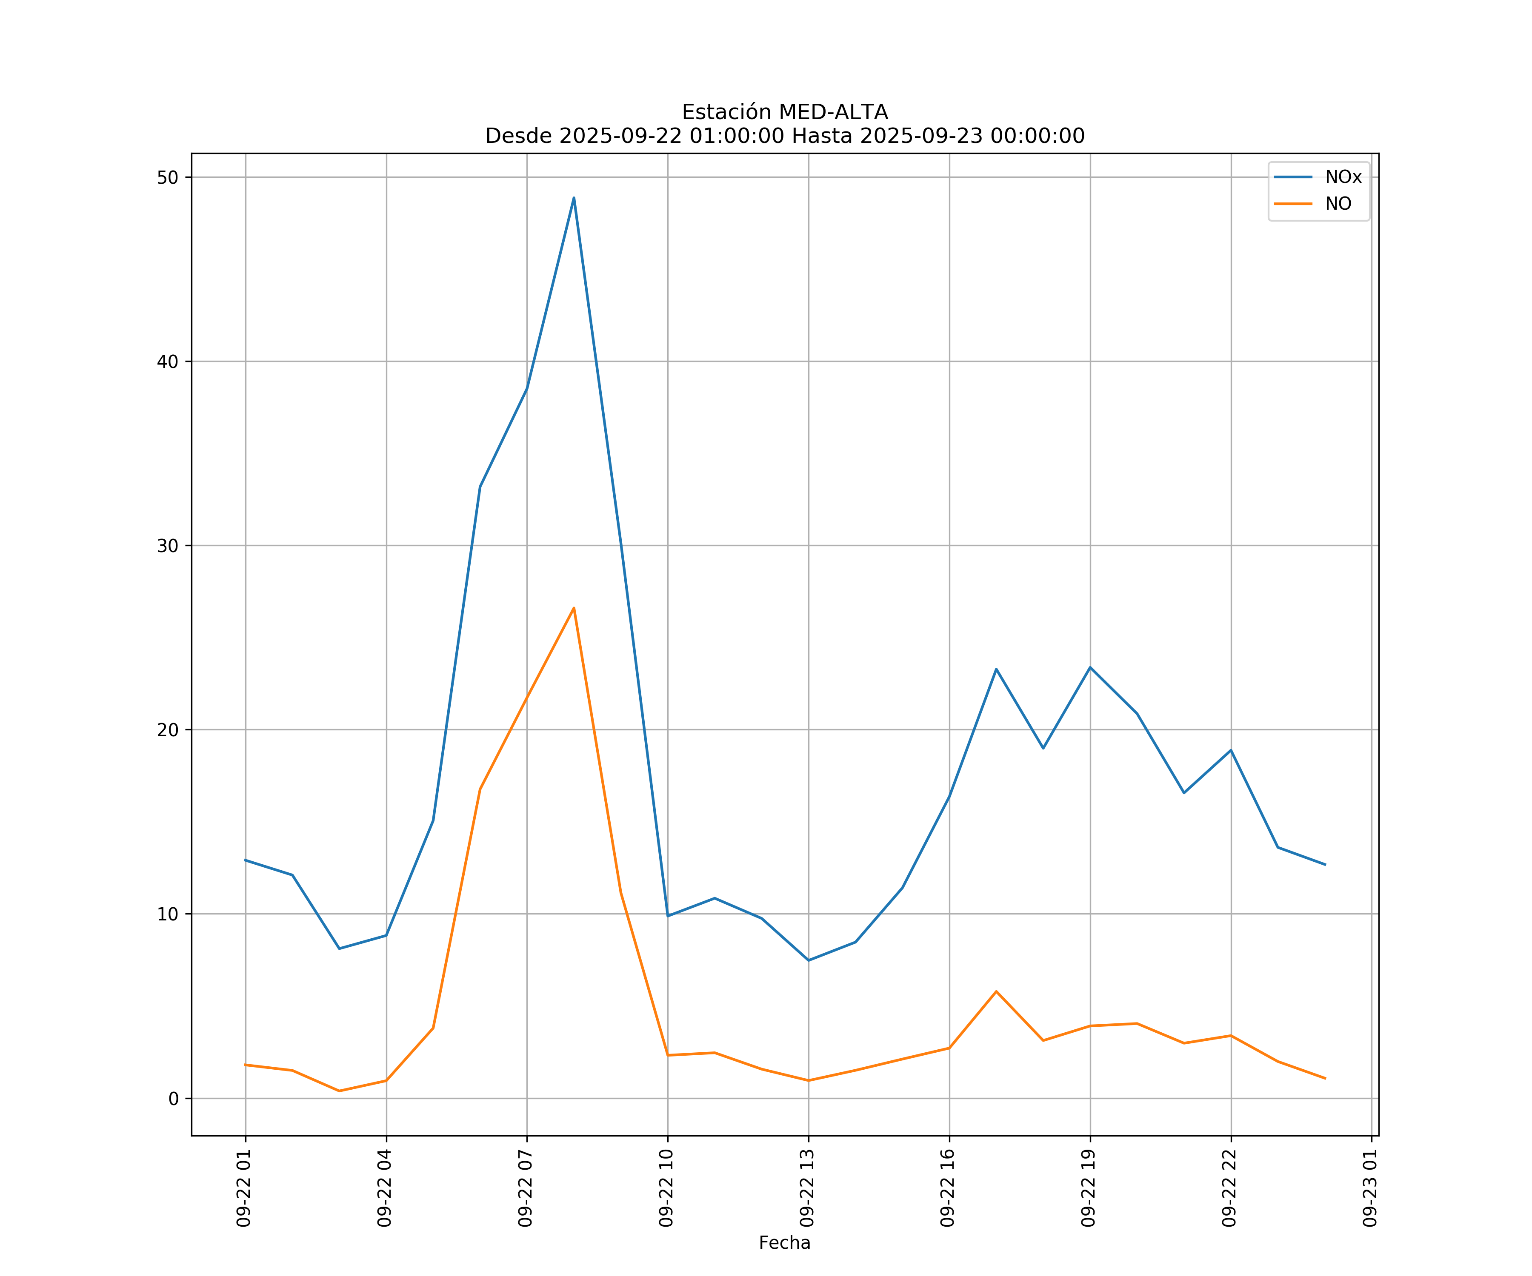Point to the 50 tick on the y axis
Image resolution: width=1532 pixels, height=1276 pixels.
(x=168, y=177)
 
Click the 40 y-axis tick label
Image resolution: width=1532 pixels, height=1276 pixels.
(x=168, y=362)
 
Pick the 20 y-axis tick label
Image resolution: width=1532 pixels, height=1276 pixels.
(x=168, y=730)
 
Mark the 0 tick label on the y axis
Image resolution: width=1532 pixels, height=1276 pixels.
(x=174, y=1099)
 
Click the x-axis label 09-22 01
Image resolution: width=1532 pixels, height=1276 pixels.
(x=244, y=1188)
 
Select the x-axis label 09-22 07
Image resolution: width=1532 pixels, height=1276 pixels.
(x=525, y=1188)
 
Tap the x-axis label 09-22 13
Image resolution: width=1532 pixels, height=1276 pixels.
(x=807, y=1188)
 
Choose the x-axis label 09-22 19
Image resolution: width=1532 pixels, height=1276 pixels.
(x=1089, y=1188)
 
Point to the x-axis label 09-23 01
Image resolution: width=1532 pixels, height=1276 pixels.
(x=1370, y=1188)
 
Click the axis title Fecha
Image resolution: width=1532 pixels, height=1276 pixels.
(x=784, y=1243)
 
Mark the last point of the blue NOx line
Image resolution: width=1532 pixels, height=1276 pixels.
(x=1325, y=865)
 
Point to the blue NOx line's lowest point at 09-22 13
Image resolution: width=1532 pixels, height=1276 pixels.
(x=808, y=960)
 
